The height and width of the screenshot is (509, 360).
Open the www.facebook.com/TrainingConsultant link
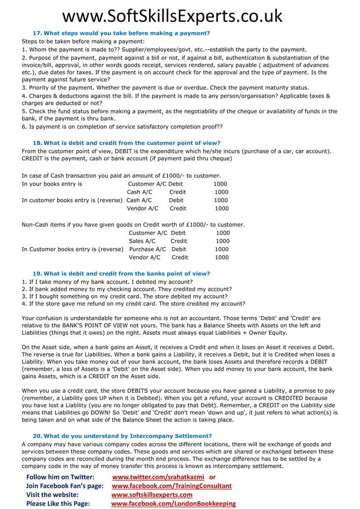point(172,485)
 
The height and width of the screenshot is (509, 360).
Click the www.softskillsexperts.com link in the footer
point(151,494)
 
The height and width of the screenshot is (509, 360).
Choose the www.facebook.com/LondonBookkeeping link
point(173,503)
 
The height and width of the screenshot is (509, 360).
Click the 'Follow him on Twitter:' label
point(60,477)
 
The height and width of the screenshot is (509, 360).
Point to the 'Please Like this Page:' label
point(58,503)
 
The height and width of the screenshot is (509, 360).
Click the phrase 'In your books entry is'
point(52,184)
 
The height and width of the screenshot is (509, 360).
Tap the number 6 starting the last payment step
point(24,126)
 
